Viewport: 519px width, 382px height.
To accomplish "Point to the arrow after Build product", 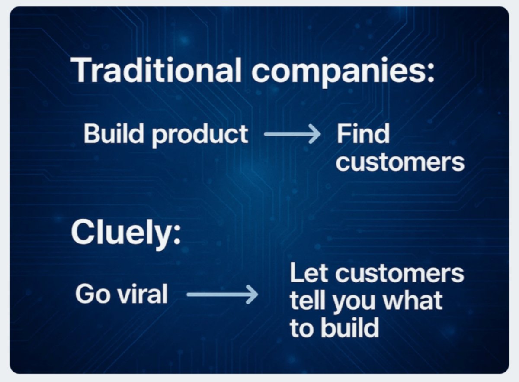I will [x=292, y=135].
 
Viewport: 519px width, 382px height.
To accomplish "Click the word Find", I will [x=363, y=134].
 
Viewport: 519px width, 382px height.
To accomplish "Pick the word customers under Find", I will [x=400, y=162].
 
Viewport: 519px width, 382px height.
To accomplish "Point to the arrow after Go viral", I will [x=222, y=295].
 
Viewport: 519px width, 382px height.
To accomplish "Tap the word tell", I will [x=307, y=301].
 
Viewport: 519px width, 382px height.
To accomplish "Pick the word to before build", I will [x=301, y=328].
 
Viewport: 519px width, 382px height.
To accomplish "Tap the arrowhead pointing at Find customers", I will [x=316, y=135].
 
